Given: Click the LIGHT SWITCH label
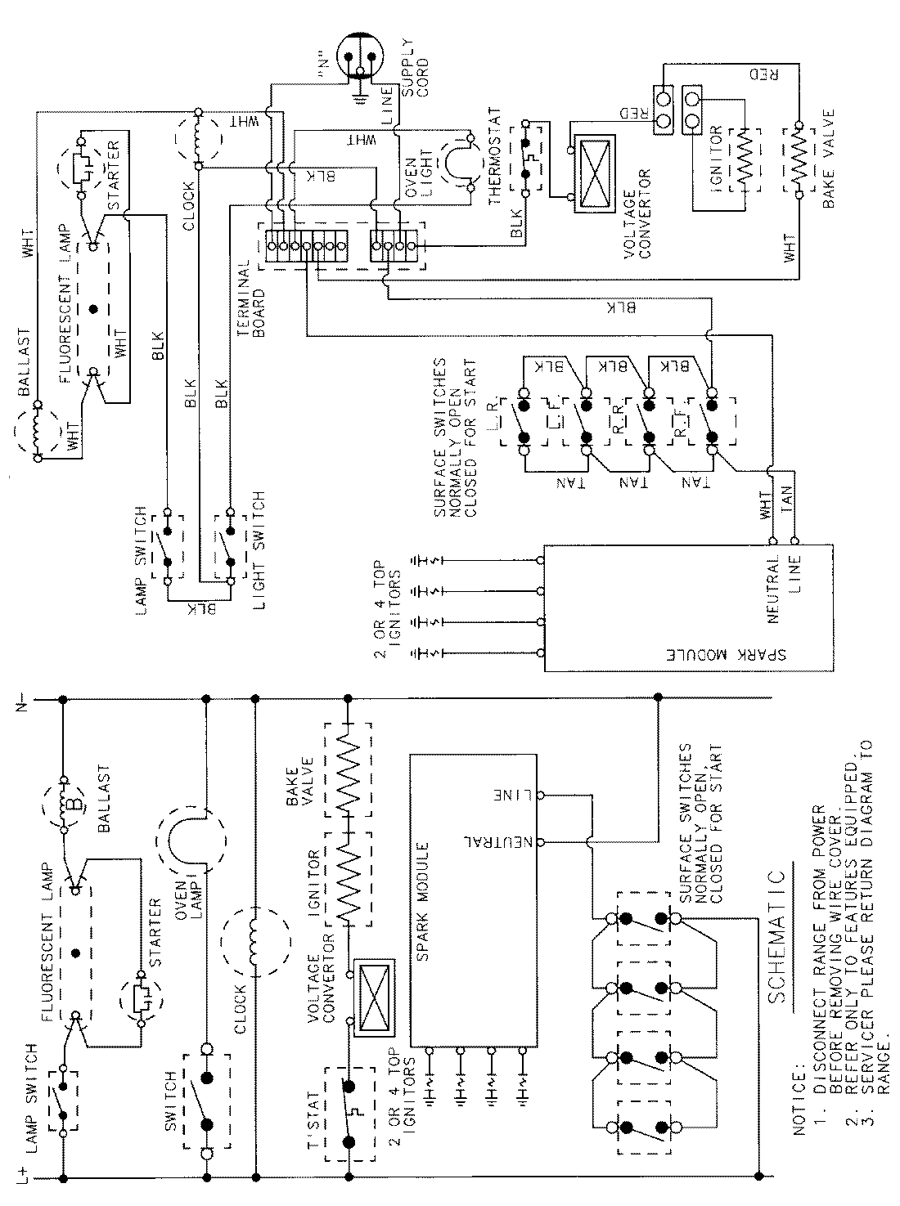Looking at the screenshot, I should (258, 536).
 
